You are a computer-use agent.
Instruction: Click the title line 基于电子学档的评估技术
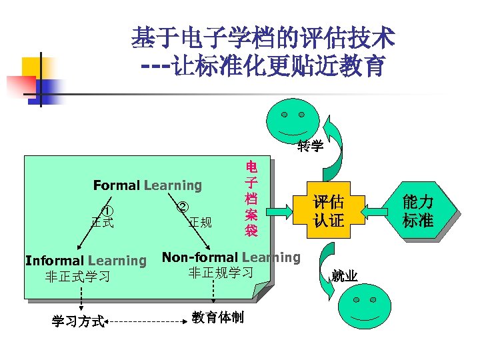[262, 37]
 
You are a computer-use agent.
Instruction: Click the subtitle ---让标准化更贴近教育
[262, 66]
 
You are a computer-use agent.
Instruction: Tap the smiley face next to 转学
[292, 121]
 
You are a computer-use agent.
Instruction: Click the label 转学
[310, 146]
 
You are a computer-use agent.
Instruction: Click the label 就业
[344, 275]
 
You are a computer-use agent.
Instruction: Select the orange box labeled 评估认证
[329, 211]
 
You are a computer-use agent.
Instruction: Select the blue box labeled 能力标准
[417, 211]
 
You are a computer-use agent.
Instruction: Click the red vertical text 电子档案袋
[251, 199]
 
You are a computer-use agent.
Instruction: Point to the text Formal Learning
[147, 185]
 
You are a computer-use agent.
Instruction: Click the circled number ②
[182, 207]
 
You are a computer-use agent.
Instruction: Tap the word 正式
[102, 222]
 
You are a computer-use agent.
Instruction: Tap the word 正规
[200, 222]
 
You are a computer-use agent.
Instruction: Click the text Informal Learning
[85, 261]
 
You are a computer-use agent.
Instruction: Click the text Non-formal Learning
[231, 257]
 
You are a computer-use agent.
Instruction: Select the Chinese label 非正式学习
[77, 276]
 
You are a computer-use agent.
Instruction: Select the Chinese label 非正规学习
[221, 272]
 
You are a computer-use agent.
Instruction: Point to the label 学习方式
[79, 322]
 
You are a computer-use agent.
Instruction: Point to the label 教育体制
[217, 317]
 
